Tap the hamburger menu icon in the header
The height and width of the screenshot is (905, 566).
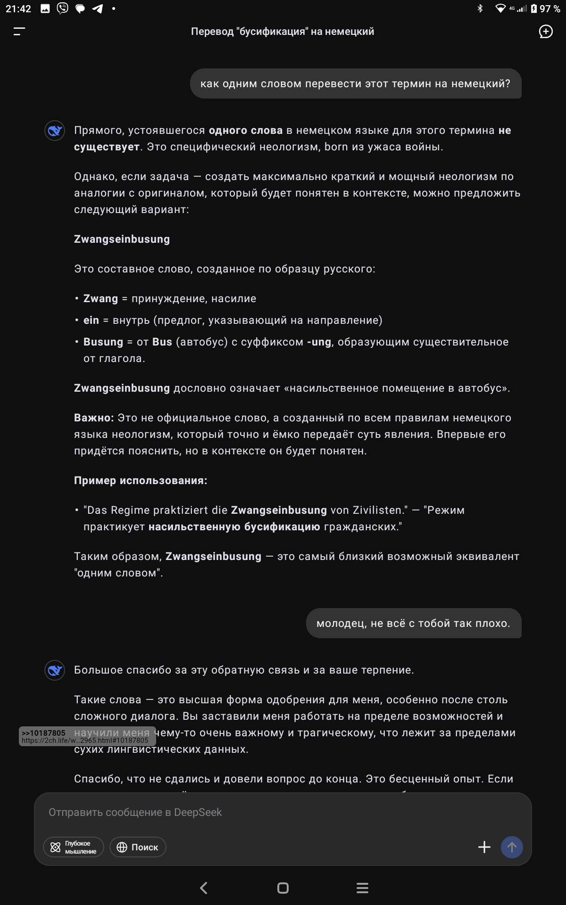pyautogui.click(x=19, y=32)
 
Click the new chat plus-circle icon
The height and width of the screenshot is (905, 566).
pyautogui.click(x=546, y=32)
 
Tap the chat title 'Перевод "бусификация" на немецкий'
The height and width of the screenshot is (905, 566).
pyautogui.click(x=282, y=32)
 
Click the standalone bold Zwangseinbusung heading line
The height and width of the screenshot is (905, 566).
pyautogui.click(x=122, y=239)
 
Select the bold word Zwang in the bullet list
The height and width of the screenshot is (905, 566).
pyautogui.click(x=100, y=299)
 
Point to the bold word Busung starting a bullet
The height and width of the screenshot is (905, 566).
pyautogui.click(x=103, y=342)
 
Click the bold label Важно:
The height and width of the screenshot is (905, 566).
pyautogui.click(x=94, y=418)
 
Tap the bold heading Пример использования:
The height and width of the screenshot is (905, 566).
pyautogui.click(x=141, y=481)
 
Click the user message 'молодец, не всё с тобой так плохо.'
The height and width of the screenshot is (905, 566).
pyautogui.click(x=413, y=624)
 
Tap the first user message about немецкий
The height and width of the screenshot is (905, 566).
pyautogui.click(x=355, y=84)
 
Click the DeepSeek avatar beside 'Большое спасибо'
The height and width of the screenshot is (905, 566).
pyautogui.click(x=55, y=670)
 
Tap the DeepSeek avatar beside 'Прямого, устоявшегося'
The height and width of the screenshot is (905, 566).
pyautogui.click(x=55, y=131)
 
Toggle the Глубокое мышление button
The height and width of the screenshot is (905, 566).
pyautogui.click(x=74, y=847)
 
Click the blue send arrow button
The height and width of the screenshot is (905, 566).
pyautogui.click(x=512, y=847)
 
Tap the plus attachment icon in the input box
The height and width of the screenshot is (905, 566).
pyautogui.click(x=484, y=847)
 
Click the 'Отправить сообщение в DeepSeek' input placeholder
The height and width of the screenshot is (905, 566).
pyautogui.click(x=135, y=812)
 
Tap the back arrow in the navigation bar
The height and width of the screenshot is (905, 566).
pyautogui.click(x=204, y=888)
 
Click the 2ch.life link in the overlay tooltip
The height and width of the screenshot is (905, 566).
pyautogui.click(x=85, y=740)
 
